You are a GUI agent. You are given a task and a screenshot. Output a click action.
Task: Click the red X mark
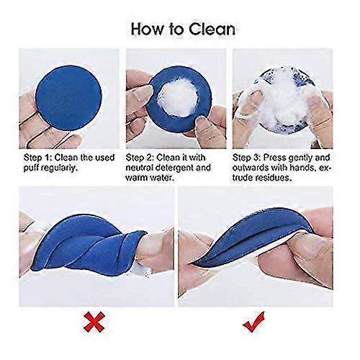point(94,322)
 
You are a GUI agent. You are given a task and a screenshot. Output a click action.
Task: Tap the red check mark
point(254,322)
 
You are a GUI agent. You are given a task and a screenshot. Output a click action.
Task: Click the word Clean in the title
point(212,30)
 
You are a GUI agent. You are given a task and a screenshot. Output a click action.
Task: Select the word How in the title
point(147,30)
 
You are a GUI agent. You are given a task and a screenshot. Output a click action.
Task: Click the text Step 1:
point(37,158)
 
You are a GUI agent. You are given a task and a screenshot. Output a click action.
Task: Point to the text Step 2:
point(140,158)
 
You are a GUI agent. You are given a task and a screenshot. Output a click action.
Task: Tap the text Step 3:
point(246,158)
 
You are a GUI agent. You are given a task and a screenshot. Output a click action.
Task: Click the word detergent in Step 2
point(176,168)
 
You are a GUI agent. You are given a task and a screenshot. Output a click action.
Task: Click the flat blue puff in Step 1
point(68,98)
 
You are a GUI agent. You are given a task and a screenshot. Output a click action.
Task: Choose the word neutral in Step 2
point(140,168)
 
